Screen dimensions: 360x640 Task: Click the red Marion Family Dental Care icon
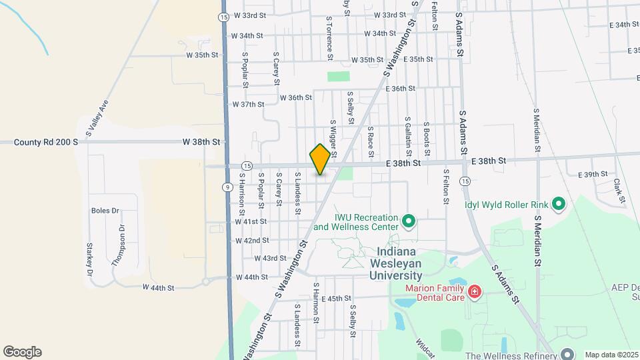click(474, 291)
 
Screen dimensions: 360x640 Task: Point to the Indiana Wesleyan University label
click(399, 263)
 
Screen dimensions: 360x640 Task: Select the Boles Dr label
click(105, 211)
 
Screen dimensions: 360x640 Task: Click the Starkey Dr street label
click(89, 259)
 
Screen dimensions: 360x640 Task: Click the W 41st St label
click(251, 221)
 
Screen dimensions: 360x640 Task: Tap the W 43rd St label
click(270, 258)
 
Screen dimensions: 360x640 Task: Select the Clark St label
click(619, 191)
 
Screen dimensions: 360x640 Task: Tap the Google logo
click(22, 352)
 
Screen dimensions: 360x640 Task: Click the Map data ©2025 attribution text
click(612, 355)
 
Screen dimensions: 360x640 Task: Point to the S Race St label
click(370, 138)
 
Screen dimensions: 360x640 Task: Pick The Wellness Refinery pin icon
click(567, 353)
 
